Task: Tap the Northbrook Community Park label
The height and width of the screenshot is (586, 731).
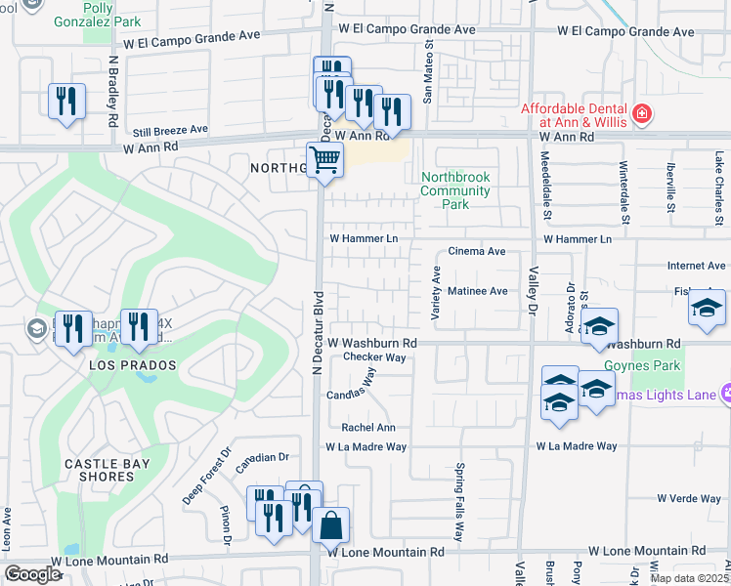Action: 454,190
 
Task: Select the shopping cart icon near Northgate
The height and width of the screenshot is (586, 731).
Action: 324,159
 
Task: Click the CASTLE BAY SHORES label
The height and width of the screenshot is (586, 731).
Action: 99,470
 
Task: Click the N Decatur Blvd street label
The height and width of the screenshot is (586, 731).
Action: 317,331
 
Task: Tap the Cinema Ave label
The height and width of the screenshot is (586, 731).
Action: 477,251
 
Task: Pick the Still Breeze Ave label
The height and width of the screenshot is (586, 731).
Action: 171,129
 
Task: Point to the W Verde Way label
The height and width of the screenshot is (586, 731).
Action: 689,498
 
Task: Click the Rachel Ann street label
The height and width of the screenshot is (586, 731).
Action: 367,428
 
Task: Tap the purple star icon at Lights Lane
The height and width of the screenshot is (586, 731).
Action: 726,393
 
